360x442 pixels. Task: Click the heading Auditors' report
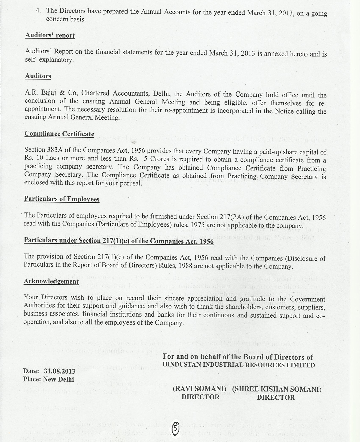50,35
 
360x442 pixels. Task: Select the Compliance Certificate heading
59,134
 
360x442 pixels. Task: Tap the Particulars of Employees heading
62,199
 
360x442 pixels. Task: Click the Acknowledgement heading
51,281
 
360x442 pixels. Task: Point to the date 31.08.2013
60,371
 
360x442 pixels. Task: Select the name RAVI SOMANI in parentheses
199,389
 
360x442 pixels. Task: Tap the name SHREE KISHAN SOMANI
277,389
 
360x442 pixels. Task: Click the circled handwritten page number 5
175,428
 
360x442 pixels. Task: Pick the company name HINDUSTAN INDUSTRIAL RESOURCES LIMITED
239,365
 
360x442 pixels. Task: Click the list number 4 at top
39,10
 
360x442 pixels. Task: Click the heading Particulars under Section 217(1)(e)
118,241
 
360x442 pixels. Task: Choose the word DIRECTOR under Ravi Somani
201,397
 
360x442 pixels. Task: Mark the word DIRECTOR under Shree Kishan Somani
276,397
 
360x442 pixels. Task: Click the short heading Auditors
38,76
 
